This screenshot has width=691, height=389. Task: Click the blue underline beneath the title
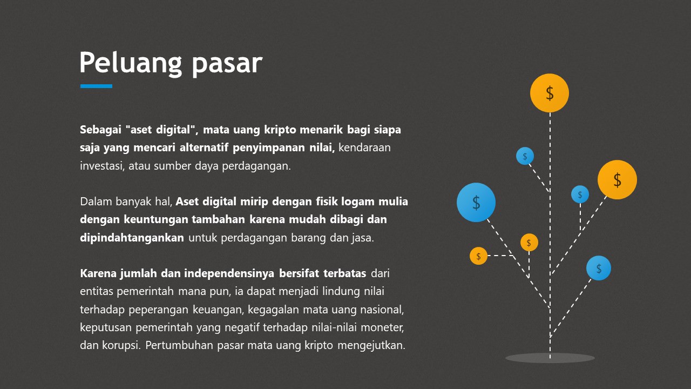pos(96,86)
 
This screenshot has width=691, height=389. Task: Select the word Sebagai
pos(100,130)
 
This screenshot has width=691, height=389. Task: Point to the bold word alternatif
pos(204,147)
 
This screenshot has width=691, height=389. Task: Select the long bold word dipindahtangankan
pos(132,238)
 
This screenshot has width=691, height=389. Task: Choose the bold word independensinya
pos(229,273)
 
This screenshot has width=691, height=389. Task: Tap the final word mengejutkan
pos(371,345)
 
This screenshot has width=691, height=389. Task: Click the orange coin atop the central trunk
pos(550,93)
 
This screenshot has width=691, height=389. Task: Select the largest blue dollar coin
pos(476,202)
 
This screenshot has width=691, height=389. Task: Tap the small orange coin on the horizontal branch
pos(478,256)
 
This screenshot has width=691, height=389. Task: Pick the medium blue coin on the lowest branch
pos(599,268)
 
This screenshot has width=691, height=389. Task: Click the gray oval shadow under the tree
pos(550,358)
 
